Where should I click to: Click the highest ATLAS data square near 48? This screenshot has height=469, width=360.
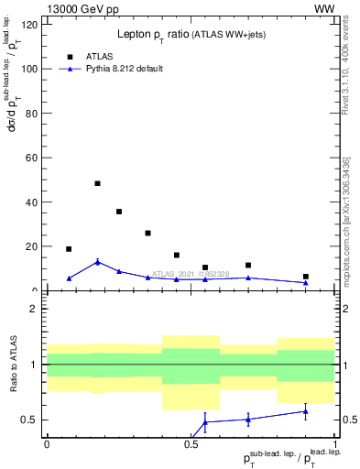pos(98,183)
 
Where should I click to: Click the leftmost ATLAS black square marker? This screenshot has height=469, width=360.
pos(69,248)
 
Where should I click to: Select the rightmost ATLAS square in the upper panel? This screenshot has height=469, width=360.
pos(306,277)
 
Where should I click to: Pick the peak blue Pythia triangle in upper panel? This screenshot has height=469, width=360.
pos(98,262)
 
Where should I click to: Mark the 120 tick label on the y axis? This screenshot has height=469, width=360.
pos(31,25)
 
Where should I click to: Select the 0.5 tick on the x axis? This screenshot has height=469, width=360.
pos(191,442)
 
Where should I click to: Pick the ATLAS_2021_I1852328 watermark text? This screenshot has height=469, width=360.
pos(191,273)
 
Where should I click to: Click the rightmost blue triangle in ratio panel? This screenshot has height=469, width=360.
pos(306,411)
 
